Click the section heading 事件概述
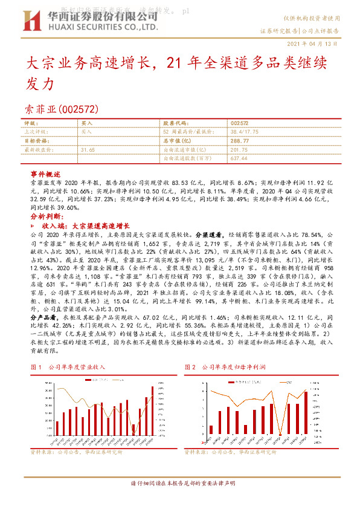[x=46, y=173]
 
